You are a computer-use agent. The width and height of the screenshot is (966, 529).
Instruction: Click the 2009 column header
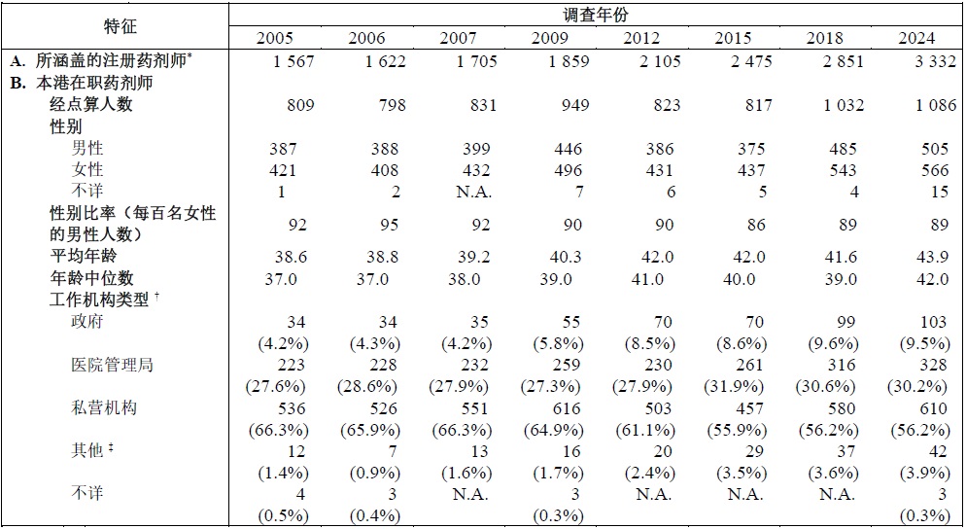point(549,38)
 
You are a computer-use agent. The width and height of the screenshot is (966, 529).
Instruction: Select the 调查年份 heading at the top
point(595,15)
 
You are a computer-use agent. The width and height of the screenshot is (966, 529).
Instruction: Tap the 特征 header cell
point(121,26)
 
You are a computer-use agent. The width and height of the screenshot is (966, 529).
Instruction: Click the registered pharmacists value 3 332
point(935,61)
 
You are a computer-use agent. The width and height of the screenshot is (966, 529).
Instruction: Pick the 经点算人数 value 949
point(574,105)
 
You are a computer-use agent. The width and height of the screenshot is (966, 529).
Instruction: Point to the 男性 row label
point(87,148)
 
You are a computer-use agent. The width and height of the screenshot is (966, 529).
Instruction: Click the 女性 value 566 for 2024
point(935,170)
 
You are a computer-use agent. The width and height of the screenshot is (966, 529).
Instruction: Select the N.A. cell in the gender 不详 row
point(473,192)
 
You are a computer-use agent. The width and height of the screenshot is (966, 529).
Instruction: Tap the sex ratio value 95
point(389,225)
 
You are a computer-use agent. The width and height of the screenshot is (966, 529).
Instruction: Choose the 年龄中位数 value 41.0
point(647,279)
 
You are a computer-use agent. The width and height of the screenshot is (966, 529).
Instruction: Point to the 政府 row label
point(87,321)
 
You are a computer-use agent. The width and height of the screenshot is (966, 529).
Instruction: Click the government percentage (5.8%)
point(558,343)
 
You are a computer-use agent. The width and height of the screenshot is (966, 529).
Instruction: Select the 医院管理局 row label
point(112,365)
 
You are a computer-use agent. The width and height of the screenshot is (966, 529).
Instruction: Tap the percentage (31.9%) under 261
point(734,387)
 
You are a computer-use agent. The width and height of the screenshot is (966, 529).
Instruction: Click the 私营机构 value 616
point(567,408)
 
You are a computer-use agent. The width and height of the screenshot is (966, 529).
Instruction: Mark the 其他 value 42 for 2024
point(938,452)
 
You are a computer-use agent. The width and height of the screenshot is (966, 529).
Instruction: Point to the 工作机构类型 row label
point(104,300)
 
